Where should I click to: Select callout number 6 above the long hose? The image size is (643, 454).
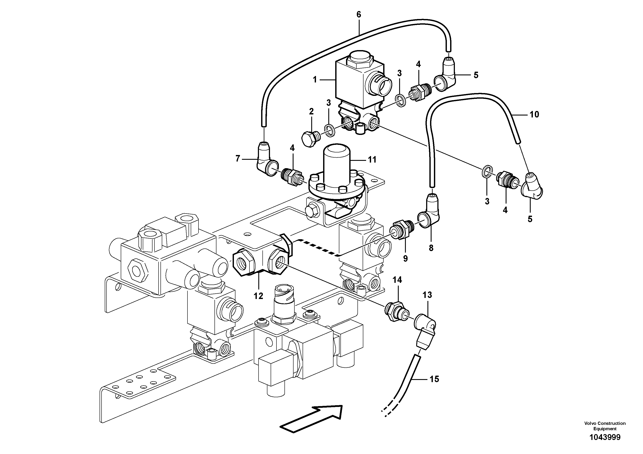point(359,14)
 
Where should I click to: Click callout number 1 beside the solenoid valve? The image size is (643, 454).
point(315,80)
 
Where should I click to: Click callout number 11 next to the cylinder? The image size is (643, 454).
point(372,160)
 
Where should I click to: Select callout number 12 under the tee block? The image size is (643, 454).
point(258,296)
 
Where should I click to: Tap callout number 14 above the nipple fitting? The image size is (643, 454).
point(397,280)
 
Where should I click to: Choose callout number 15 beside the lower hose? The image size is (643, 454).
point(434,379)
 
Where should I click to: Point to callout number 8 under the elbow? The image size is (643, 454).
point(431,248)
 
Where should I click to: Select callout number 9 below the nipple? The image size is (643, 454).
point(405,259)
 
